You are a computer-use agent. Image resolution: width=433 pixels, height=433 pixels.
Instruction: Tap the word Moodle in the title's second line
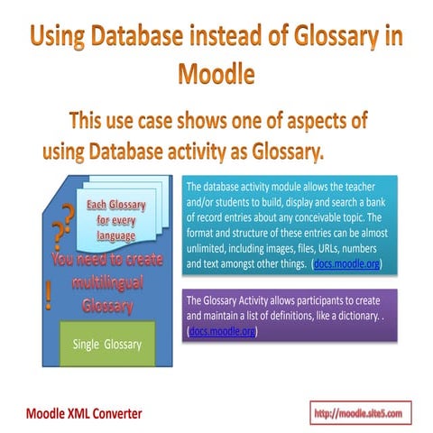[216, 71]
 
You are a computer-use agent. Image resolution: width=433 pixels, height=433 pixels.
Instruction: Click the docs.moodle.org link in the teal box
[347, 264]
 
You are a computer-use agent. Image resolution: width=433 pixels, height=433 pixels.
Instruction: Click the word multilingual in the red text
[101, 284]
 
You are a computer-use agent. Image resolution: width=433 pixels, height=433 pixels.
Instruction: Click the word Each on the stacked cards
[97, 206]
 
